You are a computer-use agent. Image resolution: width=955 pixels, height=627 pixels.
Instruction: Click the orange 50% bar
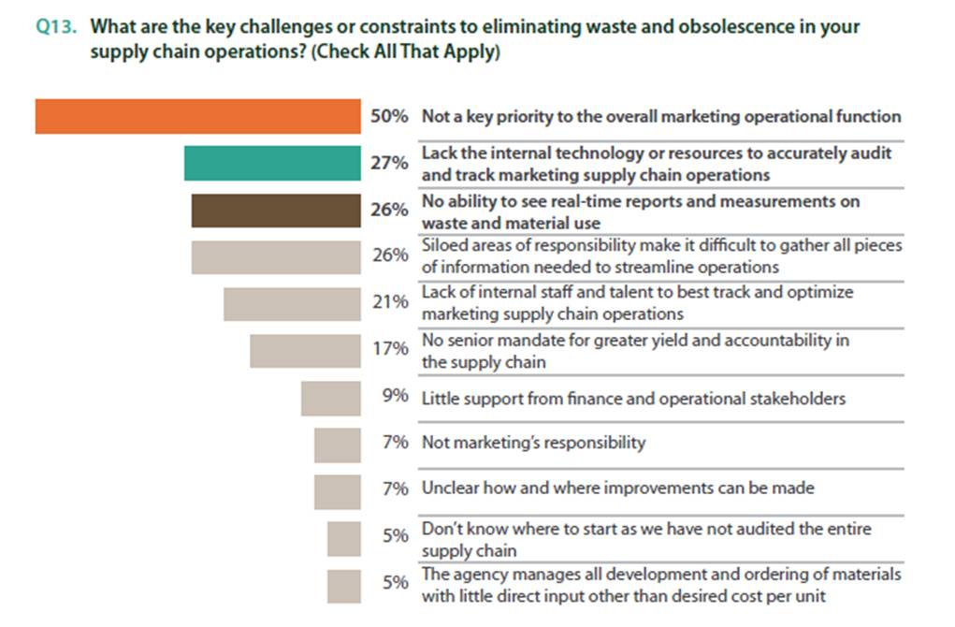click(x=197, y=117)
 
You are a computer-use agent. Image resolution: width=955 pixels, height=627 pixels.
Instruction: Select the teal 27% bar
click(x=272, y=163)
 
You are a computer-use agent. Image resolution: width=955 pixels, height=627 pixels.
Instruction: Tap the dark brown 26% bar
click(x=276, y=210)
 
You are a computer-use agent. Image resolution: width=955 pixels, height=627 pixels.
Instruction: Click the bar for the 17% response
click(x=305, y=350)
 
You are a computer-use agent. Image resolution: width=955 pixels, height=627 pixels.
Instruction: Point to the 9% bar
click(x=330, y=398)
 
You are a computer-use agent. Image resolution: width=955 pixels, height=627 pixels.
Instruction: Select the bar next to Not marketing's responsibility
click(x=337, y=444)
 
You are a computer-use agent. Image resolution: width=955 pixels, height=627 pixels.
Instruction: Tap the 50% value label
click(x=389, y=117)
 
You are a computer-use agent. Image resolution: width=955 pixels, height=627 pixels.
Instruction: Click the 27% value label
click(x=389, y=163)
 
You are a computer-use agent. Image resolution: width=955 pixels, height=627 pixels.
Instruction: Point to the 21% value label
click(x=389, y=302)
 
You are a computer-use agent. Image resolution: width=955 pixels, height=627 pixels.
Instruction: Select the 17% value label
click(x=389, y=349)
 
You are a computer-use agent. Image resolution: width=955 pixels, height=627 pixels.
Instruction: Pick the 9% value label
click(x=395, y=397)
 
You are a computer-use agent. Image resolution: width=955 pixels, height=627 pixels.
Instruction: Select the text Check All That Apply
click(x=409, y=52)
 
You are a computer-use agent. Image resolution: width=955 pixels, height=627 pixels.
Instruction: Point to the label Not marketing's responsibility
click(x=533, y=442)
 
